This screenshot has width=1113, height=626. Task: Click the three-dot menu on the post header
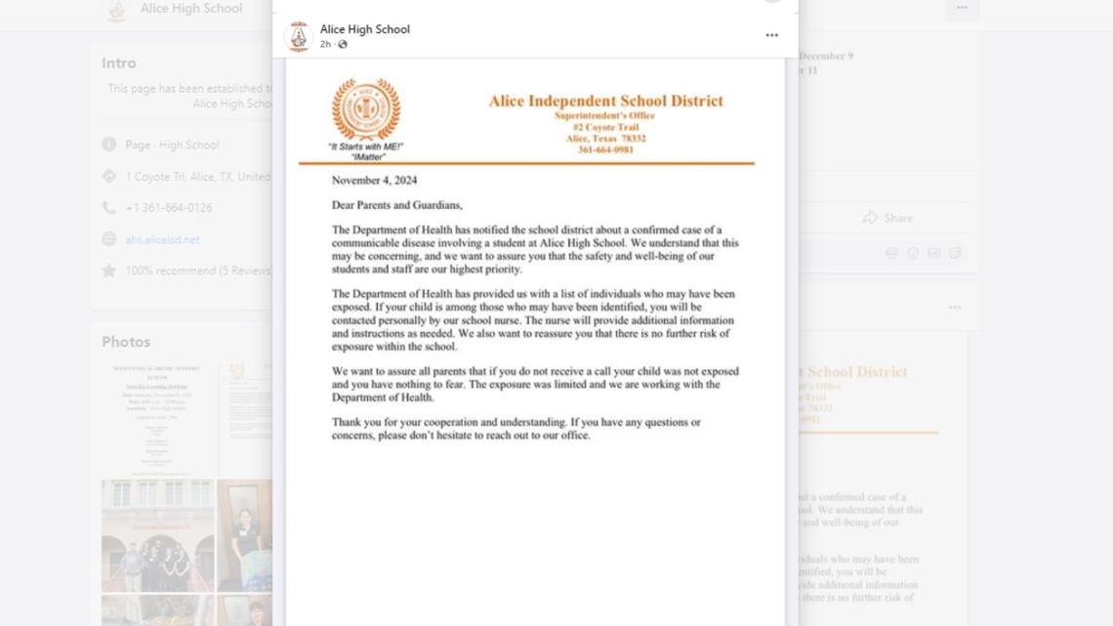[x=771, y=35]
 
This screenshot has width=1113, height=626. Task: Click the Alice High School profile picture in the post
[x=299, y=36]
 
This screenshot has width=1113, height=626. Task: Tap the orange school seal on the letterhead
[x=365, y=108]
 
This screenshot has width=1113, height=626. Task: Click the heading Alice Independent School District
[x=605, y=101]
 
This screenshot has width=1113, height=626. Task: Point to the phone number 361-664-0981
[x=605, y=149]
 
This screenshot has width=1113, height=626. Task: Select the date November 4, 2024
[x=374, y=181]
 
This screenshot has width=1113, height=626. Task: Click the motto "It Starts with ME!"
[x=365, y=146]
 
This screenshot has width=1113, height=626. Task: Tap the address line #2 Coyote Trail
[x=605, y=127]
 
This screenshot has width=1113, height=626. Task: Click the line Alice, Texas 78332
[x=605, y=139]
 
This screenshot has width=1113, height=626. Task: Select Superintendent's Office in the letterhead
[x=605, y=115]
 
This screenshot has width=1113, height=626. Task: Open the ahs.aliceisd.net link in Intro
[x=162, y=239]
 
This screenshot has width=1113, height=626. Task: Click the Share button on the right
[x=887, y=218]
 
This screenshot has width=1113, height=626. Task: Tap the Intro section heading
[x=119, y=63]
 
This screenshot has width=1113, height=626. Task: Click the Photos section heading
[x=126, y=342]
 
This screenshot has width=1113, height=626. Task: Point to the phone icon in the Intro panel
[x=108, y=208]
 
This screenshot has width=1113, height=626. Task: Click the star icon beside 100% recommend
[x=108, y=271]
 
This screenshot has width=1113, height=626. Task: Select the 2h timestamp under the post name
[x=325, y=44]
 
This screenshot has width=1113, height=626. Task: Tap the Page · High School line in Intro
[x=172, y=145]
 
